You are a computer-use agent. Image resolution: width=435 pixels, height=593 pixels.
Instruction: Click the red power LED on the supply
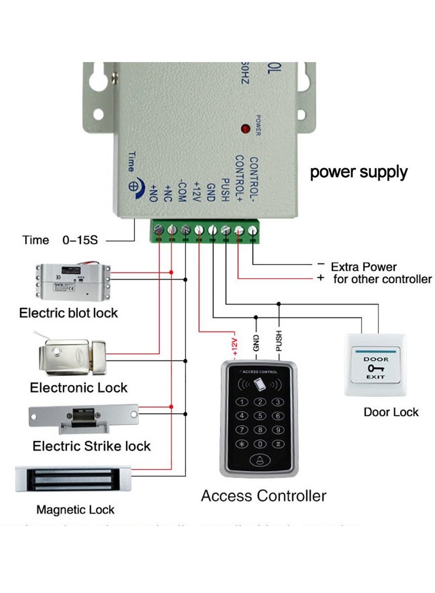(x=246, y=129)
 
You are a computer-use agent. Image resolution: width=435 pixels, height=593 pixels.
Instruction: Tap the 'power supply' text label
(x=359, y=172)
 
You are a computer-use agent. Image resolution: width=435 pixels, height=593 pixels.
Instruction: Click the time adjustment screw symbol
(x=133, y=184)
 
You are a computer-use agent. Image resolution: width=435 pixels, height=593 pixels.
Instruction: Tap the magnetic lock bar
(x=73, y=478)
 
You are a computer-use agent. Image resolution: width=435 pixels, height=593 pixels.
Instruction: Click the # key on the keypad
(x=278, y=444)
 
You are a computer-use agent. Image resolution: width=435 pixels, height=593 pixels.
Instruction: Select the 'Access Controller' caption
(x=264, y=496)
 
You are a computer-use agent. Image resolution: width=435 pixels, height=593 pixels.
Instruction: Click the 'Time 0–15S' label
(x=60, y=240)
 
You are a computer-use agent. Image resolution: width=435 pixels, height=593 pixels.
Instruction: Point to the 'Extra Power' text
(x=364, y=267)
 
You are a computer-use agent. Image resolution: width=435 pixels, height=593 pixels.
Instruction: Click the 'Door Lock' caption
(x=391, y=412)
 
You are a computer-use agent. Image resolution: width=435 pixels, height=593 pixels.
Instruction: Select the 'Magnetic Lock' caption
(x=76, y=510)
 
